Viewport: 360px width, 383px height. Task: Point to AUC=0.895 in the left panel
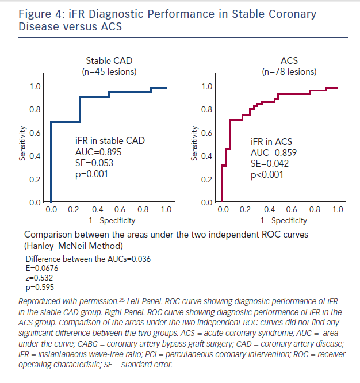click(x=98, y=152)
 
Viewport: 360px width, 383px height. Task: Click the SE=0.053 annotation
click(x=95, y=164)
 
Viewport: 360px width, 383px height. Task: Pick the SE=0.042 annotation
click(x=270, y=164)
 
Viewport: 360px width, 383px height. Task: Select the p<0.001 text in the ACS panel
click(x=267, y=175)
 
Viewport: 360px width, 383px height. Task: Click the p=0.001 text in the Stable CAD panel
click(x=93, y=175)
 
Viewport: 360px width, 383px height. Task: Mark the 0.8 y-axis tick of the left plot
click(x=35, y=109)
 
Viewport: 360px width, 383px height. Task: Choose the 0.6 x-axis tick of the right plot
click(x=292, y=210)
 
